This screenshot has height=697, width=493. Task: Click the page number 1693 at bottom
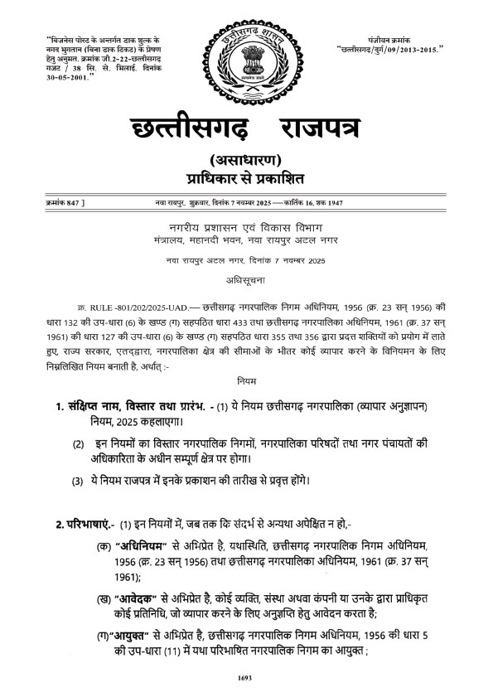(244, 678)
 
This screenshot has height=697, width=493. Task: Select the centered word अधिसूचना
(246, 280)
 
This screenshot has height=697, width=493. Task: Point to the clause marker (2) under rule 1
(77, 444)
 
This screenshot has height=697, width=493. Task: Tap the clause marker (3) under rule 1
(77, 482)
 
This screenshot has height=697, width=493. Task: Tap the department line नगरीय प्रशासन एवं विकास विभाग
(246, 228)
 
